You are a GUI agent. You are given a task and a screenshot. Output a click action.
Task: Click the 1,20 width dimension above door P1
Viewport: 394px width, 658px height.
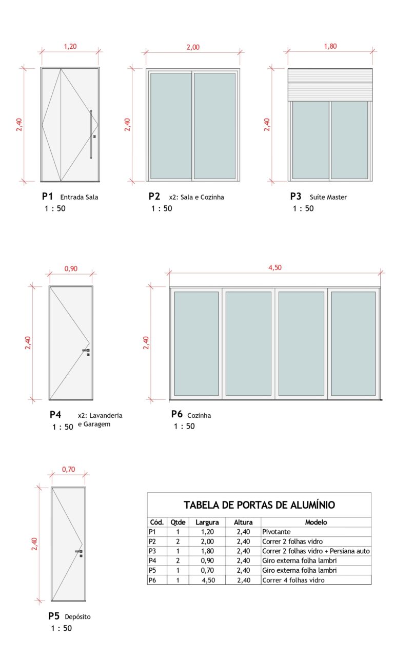[70, 46]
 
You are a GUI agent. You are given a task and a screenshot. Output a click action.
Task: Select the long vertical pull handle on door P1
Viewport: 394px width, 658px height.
[91, 134]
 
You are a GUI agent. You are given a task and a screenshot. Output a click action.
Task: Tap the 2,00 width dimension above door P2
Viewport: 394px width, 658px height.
[193, 47]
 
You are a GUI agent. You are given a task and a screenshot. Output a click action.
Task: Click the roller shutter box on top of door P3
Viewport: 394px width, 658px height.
[330, 85]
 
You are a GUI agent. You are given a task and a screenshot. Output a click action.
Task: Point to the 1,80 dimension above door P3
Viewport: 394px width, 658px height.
[330, 46]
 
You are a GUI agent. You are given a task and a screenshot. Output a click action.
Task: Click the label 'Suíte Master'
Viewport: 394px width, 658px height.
[328, 197]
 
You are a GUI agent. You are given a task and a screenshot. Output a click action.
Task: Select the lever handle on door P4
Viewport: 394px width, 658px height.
[86, 351]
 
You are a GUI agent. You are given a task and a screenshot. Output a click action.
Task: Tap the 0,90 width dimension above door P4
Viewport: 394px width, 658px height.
[71, 268]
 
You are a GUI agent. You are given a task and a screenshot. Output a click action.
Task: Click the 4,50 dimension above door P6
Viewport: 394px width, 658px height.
[275, 267]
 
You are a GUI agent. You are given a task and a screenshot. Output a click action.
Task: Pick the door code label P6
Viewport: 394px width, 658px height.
[177, 414]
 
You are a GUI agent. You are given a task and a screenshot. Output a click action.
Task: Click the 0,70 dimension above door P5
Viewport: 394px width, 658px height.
[68, 469]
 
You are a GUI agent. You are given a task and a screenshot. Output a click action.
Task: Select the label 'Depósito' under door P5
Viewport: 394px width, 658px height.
[77, 617]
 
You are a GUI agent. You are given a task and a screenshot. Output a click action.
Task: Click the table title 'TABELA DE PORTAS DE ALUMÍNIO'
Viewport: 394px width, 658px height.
[259, 505]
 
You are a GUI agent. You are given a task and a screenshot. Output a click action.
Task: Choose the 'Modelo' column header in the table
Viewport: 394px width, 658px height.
[316, 522]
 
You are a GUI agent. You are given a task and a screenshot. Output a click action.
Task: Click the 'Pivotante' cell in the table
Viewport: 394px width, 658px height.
[277, 532]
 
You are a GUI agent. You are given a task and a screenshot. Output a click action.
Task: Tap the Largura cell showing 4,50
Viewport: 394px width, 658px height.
[207, 580]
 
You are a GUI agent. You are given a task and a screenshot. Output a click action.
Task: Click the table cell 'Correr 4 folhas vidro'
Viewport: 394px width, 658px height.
[293, 580]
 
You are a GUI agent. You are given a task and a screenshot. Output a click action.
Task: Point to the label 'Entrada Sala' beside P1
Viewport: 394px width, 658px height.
[79, 197]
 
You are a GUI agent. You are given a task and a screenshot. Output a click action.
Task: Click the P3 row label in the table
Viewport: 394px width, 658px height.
[152, 551]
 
